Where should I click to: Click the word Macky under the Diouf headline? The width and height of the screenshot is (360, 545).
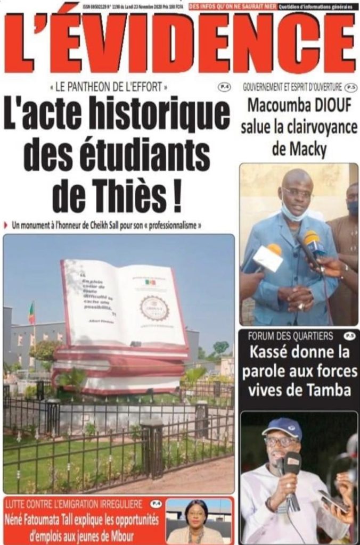click(299, 150)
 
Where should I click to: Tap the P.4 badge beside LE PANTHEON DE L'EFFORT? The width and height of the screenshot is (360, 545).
click(224, 86)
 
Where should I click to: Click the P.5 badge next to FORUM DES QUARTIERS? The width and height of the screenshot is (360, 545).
click(349, 336)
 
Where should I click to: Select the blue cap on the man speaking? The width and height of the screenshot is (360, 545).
click(282, 427)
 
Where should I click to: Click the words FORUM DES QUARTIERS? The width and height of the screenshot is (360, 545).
click(290, 336)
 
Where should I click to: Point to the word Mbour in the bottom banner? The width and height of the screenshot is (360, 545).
click(121, 535)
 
